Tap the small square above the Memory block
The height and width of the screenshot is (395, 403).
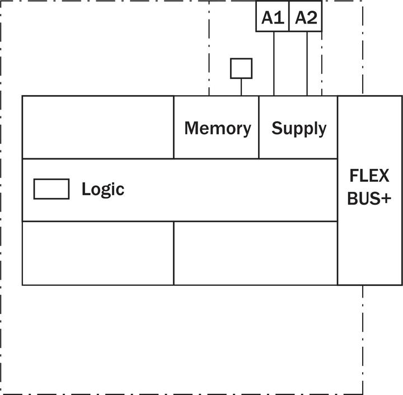[241, 68]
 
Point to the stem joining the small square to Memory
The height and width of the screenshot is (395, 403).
[241, 87]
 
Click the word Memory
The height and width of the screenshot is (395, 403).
[217, 128]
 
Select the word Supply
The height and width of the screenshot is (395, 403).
[299, 129]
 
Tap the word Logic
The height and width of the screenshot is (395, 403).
[102, 189]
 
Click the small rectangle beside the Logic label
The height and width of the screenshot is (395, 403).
[51, 189]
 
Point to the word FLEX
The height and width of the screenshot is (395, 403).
[369, 176]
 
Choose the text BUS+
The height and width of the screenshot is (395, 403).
[369, 199]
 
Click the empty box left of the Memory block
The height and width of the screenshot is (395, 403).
[98, 127]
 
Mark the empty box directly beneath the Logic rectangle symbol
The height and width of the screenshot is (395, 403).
[98, 253]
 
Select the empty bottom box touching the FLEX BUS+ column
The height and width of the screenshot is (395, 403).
[255, 253]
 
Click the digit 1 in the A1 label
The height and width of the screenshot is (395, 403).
[280, 17]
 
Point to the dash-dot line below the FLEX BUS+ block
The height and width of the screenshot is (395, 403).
[363, 336]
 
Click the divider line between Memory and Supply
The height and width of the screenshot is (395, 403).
[259, 127]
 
